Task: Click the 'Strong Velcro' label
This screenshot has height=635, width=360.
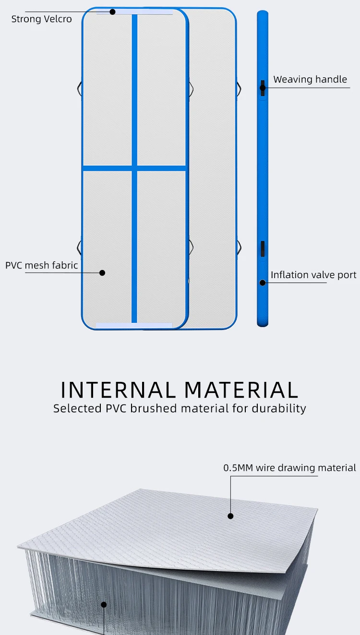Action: click(x=41, y=19)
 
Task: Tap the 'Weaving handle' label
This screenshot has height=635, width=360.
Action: click(x=310, y=79)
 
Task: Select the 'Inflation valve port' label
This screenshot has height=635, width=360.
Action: click(x=313, y=275)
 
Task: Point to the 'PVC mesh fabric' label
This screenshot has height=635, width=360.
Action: click(x=42, y=265)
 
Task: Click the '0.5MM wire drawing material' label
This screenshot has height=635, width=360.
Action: click(x=289, y=468)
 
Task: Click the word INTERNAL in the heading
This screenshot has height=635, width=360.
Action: click(x=118, y=390)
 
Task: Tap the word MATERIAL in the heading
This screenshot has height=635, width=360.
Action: click(x=241, y=390)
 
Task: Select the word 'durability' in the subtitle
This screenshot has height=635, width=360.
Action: click(x=279, y=409)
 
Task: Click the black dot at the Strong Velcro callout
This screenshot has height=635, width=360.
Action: click(x=112, y=12)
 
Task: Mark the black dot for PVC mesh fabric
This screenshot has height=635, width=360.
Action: click(x=102, y=273)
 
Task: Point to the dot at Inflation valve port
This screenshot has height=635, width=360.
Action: click(x=263, y=282)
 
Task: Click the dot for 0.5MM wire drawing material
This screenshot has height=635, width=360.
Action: click(x=230, y=516)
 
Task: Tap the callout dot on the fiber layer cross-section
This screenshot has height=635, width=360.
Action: click(x=104, y=605)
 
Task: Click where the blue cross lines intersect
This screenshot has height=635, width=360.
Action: click(x=134, y=169)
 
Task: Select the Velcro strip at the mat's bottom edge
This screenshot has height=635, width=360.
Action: click(x=134, y=326)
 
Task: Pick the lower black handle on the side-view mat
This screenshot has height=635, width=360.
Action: click(x=263, y=249)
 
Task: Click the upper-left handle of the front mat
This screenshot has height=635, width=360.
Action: click(x=79, y=89)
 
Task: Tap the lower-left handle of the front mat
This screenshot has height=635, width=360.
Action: click(x=79, y=247)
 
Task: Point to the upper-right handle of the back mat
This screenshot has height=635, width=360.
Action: click(x=239, y=89)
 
